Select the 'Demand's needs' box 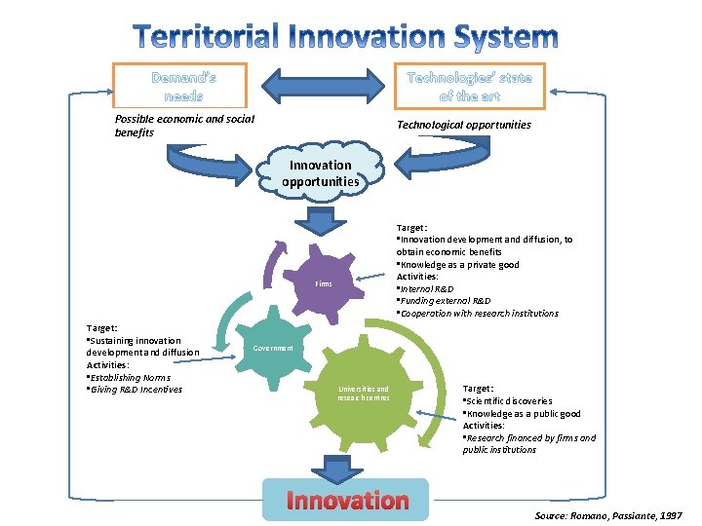pyautogui.click(x=183, y=86)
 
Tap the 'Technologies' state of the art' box pyautogui.click(x=469, y=86)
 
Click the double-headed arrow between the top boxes pyautogui.click(x=324, y=84)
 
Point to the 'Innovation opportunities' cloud pyautogui.click(x=321, y=173)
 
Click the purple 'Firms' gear pyautogui.click(x=324, y=283)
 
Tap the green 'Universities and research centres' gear pyautogui.click(x=364, y=394)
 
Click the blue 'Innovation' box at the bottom pyautogui.click(x=346, y=501)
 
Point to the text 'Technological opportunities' pyautogui.click(x=464, y=125)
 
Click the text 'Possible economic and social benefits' pyautogui.click(x=184, y=126)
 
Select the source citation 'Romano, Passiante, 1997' pyautogui.click(x=609, y=514)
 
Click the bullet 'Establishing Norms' pyautogui.click(x=129, y=377)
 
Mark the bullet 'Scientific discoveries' pyautogui.click(x=509, y=401)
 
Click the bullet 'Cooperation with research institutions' pyautogui.click(x=478, y=314)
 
